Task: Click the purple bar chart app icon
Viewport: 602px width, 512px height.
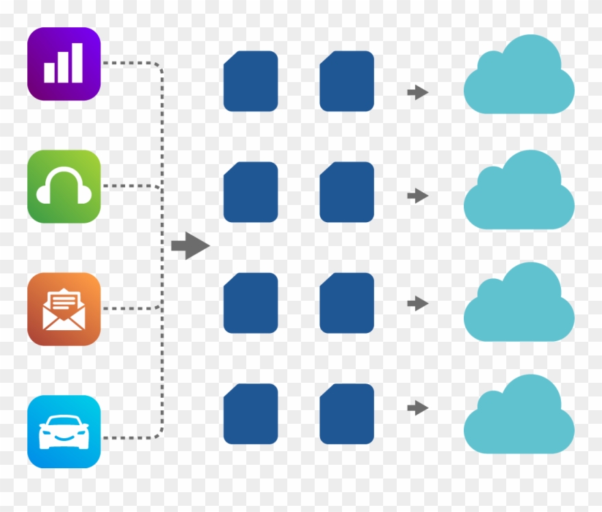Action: point(64,64)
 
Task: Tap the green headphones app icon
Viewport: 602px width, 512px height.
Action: point(64,187)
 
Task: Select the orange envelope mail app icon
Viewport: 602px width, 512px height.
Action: point(64,309)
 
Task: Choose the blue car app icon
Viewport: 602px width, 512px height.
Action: point(64,431)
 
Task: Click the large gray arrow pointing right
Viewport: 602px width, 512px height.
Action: point(189,245)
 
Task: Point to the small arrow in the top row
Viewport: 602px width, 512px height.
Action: point(417,92)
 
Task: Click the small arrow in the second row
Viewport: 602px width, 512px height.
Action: point(417,196)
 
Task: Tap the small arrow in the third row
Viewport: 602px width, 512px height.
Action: point(417,303)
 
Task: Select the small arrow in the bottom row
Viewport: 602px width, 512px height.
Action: point(417,408)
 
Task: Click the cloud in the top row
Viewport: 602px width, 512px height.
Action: point(519,79)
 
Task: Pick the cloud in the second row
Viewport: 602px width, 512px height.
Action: point(519,193)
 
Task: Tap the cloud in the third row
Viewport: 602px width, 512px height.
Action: point(519,305)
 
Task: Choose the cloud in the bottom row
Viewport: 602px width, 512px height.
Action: point(519,417)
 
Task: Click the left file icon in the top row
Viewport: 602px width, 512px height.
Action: point(250,81)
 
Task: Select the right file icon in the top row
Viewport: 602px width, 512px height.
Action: point(347,81)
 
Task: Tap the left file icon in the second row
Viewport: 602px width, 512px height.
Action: point(250,192)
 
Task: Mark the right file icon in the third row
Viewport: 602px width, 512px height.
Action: point(347,303)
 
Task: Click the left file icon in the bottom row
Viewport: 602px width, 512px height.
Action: point(250,414)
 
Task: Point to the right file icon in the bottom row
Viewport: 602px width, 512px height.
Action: point(347,414)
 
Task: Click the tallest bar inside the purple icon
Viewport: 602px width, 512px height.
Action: point(77,63)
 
